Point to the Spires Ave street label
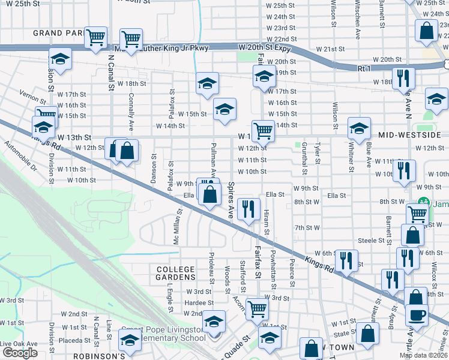pyautogui.click(x=230, y=200)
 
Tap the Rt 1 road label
pyautogui.click(x=364, y=69)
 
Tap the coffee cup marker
pyautogui.click(x=416, y=314)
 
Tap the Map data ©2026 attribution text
pyautogui.click(x=423, y=355)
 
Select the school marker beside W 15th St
pyautogui.click(x=225, y=109)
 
